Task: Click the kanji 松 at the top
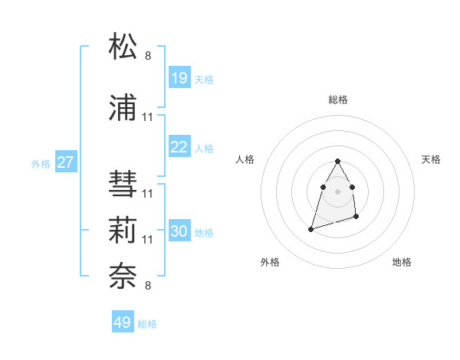pyautogui.click(x=123, y=47)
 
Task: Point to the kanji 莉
pyautogui.click(x=123, y=231)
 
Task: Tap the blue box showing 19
pyautogui.click(x=179, y=78)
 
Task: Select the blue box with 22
pyautogui.click(x=179, y=147)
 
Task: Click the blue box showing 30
pyautogui.click(x=179, y=231)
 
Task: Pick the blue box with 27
pyautogui.click(x=66, y=162)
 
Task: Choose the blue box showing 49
pyautogui.click(x=123, y=322)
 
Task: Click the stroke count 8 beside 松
pyautogui.click(x=148, y=56)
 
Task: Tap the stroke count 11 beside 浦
pyautogui.click(x=148, y=117)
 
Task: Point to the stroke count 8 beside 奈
pyautogui.click(x=148, y=286)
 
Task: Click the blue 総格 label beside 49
pyautogui.click(x=147, y=324)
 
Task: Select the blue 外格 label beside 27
pyautogui.click(x=41, y=163)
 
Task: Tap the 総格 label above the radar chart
pyautogui.click(x=338, y=100)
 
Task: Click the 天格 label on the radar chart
pyautogui.click(x=431, y=159)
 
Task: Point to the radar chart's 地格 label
pyautogui.click(x=402, y=262)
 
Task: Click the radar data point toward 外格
pyautogui.click(x=311, y=228)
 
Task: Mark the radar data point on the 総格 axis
pyautogui.click(x=337, y=162)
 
